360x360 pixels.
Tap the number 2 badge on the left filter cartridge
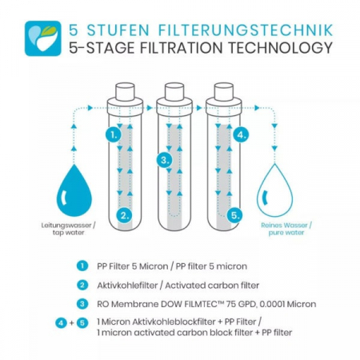point(123,215)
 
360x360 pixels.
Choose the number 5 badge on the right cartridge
point(234,215)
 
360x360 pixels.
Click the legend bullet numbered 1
point(82,266)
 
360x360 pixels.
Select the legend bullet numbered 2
point(82,285)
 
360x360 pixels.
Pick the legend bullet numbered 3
point(82,303)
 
